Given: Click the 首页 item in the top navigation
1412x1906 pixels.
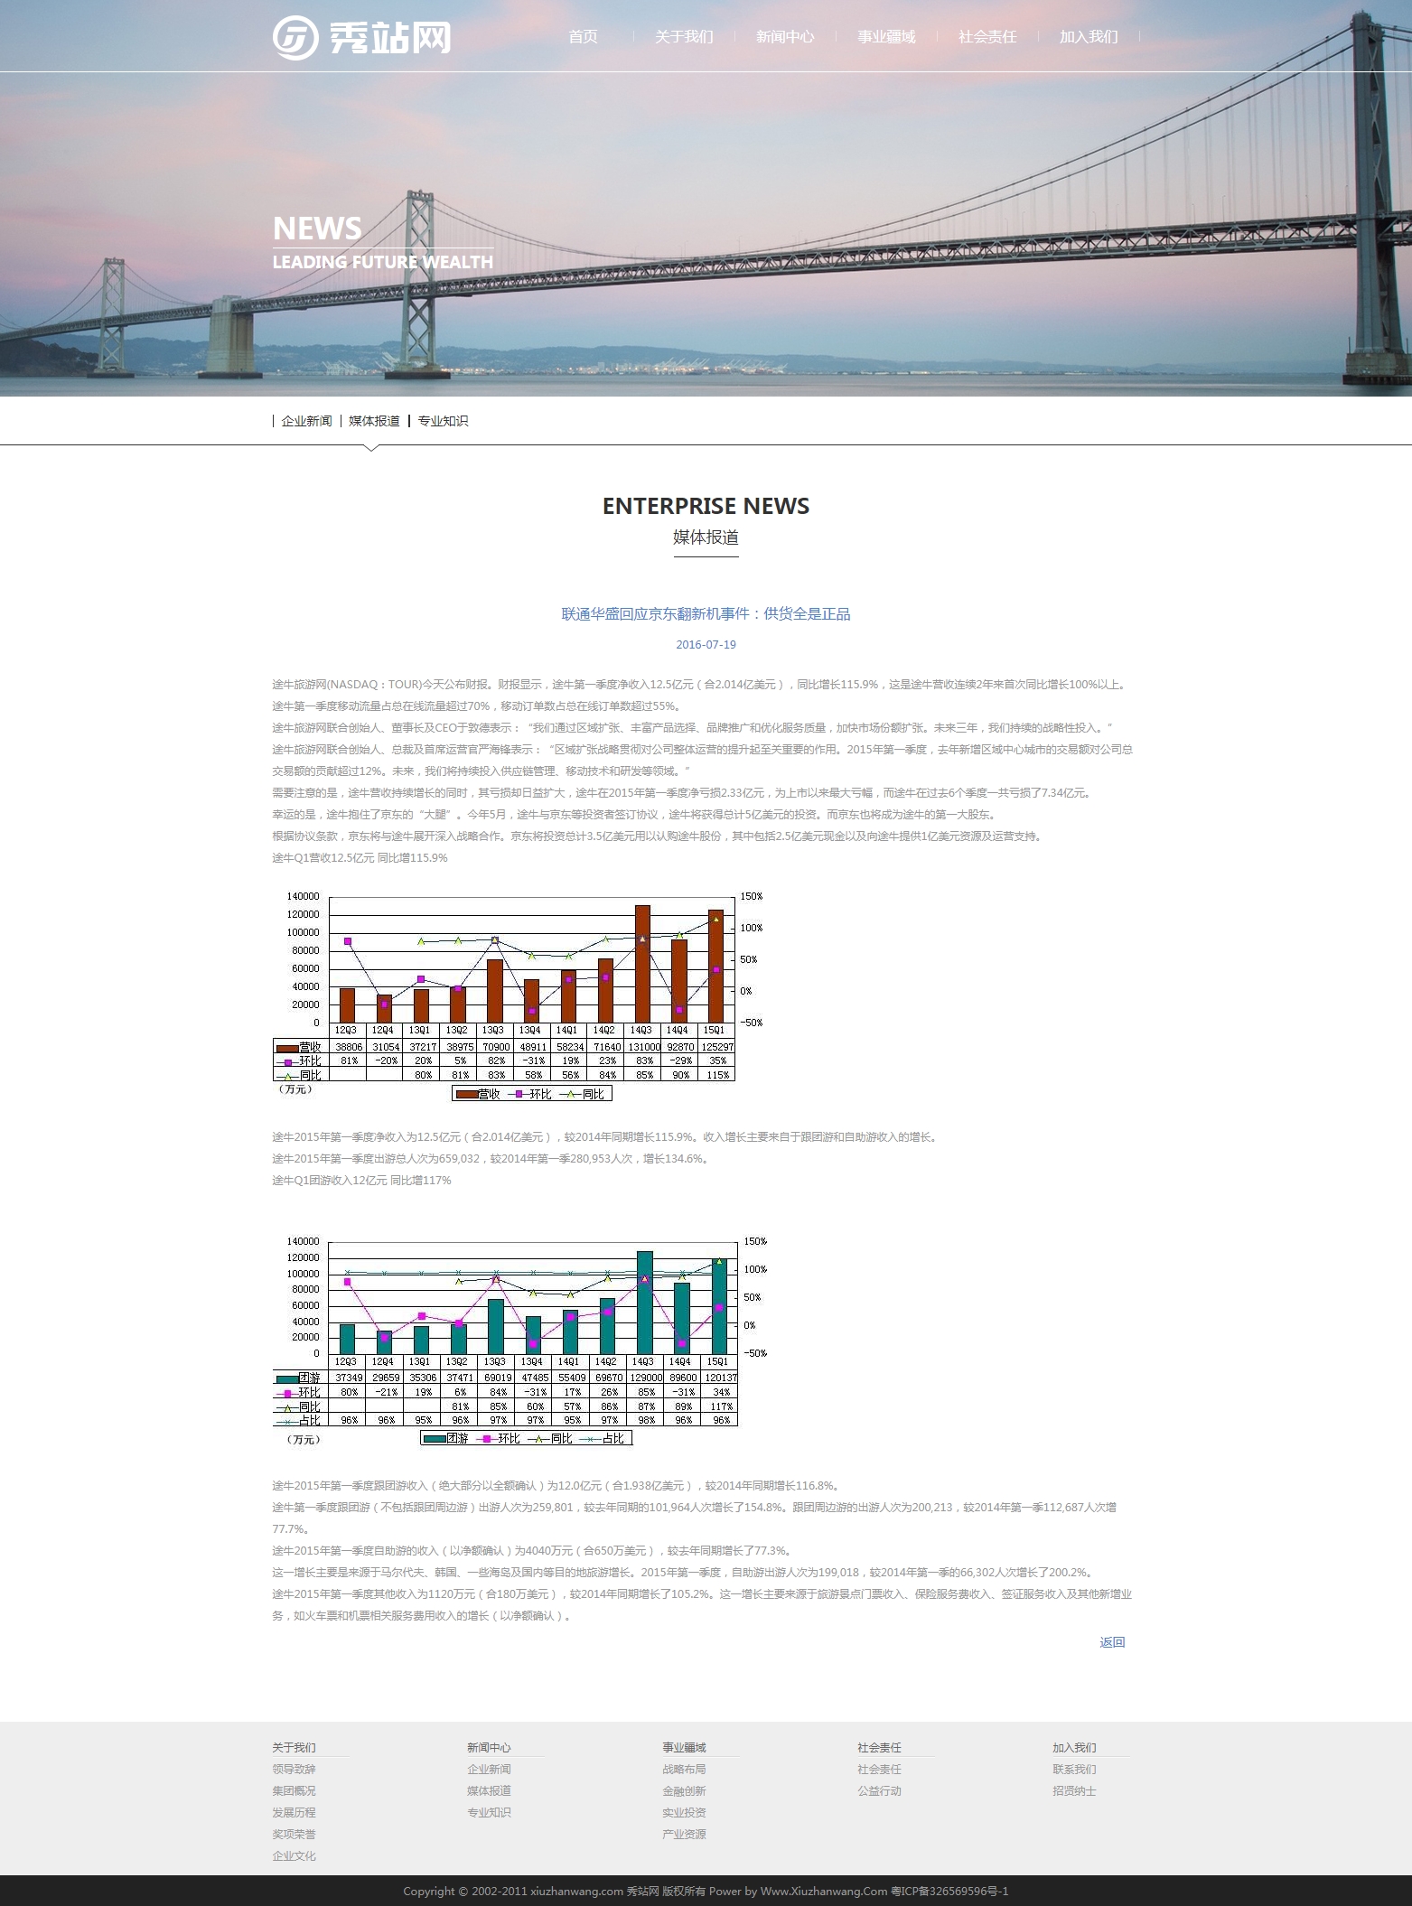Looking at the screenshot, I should (583, 37).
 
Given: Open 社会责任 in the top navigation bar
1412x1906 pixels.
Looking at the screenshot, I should (987, 37).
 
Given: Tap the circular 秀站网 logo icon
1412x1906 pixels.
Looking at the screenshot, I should (295, 38).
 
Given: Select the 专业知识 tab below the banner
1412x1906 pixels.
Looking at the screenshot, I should (443, 421).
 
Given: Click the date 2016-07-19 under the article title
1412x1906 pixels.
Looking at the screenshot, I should (706, 645).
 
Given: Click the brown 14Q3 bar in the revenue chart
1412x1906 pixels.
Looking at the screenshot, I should (642, 963).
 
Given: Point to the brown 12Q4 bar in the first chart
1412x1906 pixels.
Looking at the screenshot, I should (384, 1008).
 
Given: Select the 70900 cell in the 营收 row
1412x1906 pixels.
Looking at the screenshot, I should (495, 1047).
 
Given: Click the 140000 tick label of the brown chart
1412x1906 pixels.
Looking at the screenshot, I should (303, 896).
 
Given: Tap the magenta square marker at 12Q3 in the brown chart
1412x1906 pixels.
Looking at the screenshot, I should (348, 941).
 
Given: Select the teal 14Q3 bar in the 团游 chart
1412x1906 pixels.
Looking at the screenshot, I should (644, 1302).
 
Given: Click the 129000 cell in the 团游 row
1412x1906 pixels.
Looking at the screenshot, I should (644, 1378).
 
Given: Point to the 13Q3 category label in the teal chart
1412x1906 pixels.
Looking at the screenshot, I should (494, 1361).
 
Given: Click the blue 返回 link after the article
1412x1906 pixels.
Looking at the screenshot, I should (1112, 1642).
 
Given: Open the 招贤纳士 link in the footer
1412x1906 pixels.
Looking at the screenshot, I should (1074, 1791).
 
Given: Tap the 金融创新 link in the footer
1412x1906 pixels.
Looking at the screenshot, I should (684, 1791).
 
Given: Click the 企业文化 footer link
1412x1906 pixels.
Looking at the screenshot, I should (294, 1856).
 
